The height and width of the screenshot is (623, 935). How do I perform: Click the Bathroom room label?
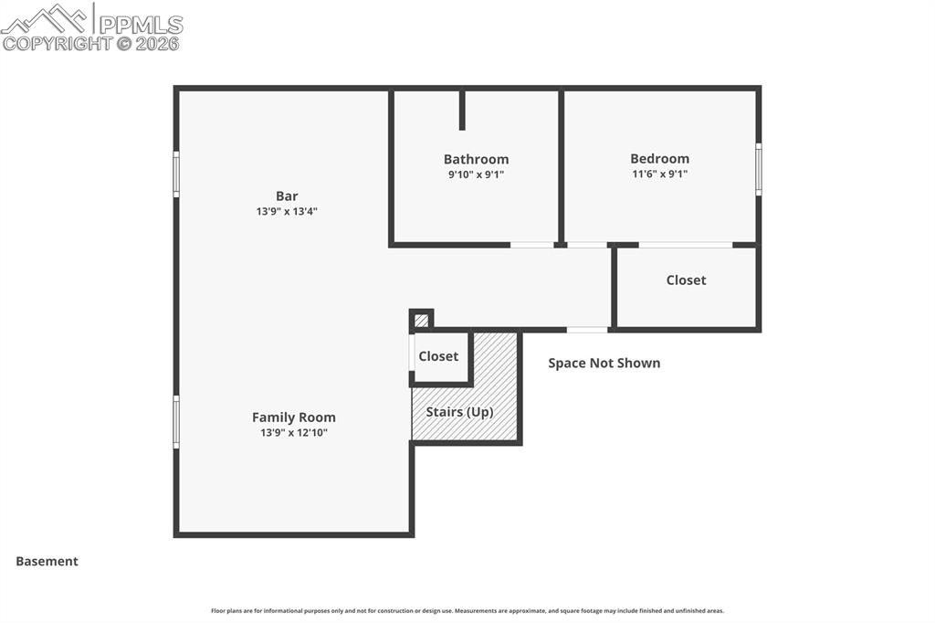pyautogui.click(x=476, y=159)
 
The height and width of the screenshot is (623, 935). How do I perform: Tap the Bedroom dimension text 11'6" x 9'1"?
pyautogui.click(x=659, y=174)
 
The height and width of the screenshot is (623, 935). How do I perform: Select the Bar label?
pyautogui.click(x=287, y=195)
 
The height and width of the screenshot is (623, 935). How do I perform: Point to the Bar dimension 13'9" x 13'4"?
pyautogui.click(x=287, y=211)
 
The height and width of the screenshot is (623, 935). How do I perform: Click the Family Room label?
pyautogui.click(x=293, y=417)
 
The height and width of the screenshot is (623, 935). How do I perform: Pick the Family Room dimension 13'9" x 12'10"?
pyautogui.click(x=293, y=433)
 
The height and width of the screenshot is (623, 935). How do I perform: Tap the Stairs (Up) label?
pyautogui.click(x=459, y=412)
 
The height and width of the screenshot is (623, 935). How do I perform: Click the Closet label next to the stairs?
pyautogui.click(x=438, y=356)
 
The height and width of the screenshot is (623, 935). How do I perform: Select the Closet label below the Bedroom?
pyautogui.click(x=686, y=280)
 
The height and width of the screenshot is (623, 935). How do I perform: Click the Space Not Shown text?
pyautogui.click(x=604, y=363)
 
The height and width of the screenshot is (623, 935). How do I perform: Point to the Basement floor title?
pyautogui.click(x=47, y=562)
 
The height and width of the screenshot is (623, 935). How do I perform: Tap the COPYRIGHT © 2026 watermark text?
pyautogui.click(x=90, y=43)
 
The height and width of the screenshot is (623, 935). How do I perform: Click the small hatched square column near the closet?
pyautogui.click(x=421, y=321)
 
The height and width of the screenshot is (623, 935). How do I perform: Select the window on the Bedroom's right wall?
pyautogui.click(x=758, y=169)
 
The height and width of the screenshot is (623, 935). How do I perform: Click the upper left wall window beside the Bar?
pyautogui.click(x=176, y=174)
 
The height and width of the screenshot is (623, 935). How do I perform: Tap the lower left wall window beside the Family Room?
pyautogui.click(x=176, y=421)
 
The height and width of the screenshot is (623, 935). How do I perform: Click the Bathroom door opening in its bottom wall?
pyautogui.click(x=531, y=245)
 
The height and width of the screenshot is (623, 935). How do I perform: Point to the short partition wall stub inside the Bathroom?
pyautogui.click(x=462, y=110)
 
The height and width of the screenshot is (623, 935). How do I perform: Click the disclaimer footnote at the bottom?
pyautogui.click(x=467, y=611)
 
